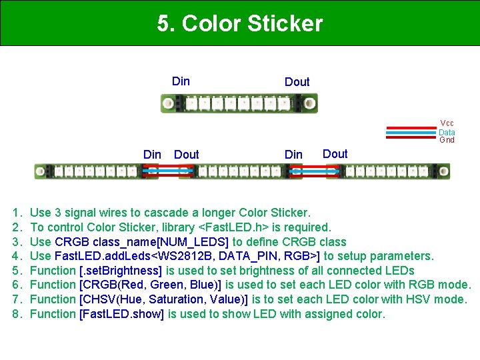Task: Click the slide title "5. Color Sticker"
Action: pos(240,24)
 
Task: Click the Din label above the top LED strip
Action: pos(181,81)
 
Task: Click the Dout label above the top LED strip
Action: pos(297,82)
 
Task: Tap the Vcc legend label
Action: pos(447,123)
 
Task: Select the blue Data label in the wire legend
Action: pos(447,132)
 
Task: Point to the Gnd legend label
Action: pos(447,140)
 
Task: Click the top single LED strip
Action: pos(239,103)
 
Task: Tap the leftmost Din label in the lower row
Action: pos(152,155)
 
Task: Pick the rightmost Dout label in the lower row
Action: pos(335,154)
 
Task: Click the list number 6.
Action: pos(17,285)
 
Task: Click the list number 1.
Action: pos(17,213)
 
